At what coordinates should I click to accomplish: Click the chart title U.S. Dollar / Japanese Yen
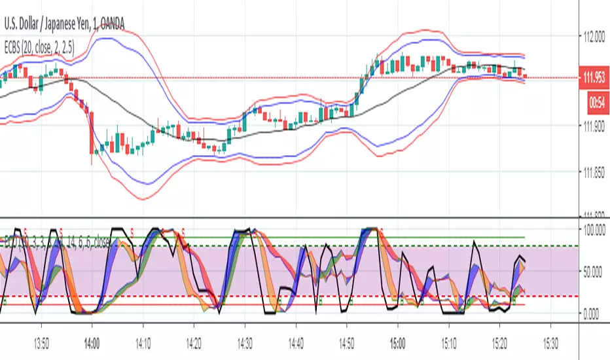click(x=49, y=24)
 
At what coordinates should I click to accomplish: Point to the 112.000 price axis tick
click(x=595, y=38)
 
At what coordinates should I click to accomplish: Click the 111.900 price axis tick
click(x=595, y=128)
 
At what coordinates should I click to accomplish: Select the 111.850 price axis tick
click(x=595, y=173)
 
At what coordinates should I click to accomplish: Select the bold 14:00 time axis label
click(x=92, y=342)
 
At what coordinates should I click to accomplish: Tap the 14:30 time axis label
click(x=245, y=342)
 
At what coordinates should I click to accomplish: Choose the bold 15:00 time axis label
click(x=397, y=342)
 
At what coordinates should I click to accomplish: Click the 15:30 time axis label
click(x=550, y=342)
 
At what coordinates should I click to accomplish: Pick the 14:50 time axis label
click(x=346, y=342)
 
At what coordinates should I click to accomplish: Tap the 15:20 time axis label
click(x=499, y=342)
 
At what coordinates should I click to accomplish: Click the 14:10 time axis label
click(x=143, y=342)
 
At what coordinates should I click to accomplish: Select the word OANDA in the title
click(x=109, y=24)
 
